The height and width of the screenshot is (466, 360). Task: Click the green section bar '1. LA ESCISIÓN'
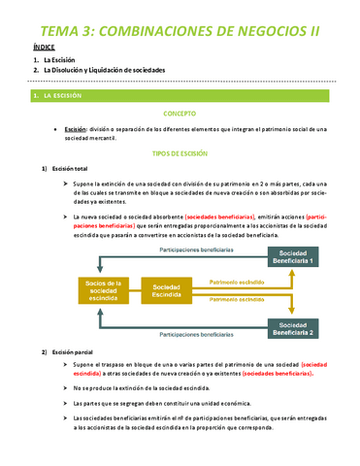pyautogui.click(x=180, y=96)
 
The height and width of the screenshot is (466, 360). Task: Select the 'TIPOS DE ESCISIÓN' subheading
pyautogui.click(x=180, y=154)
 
